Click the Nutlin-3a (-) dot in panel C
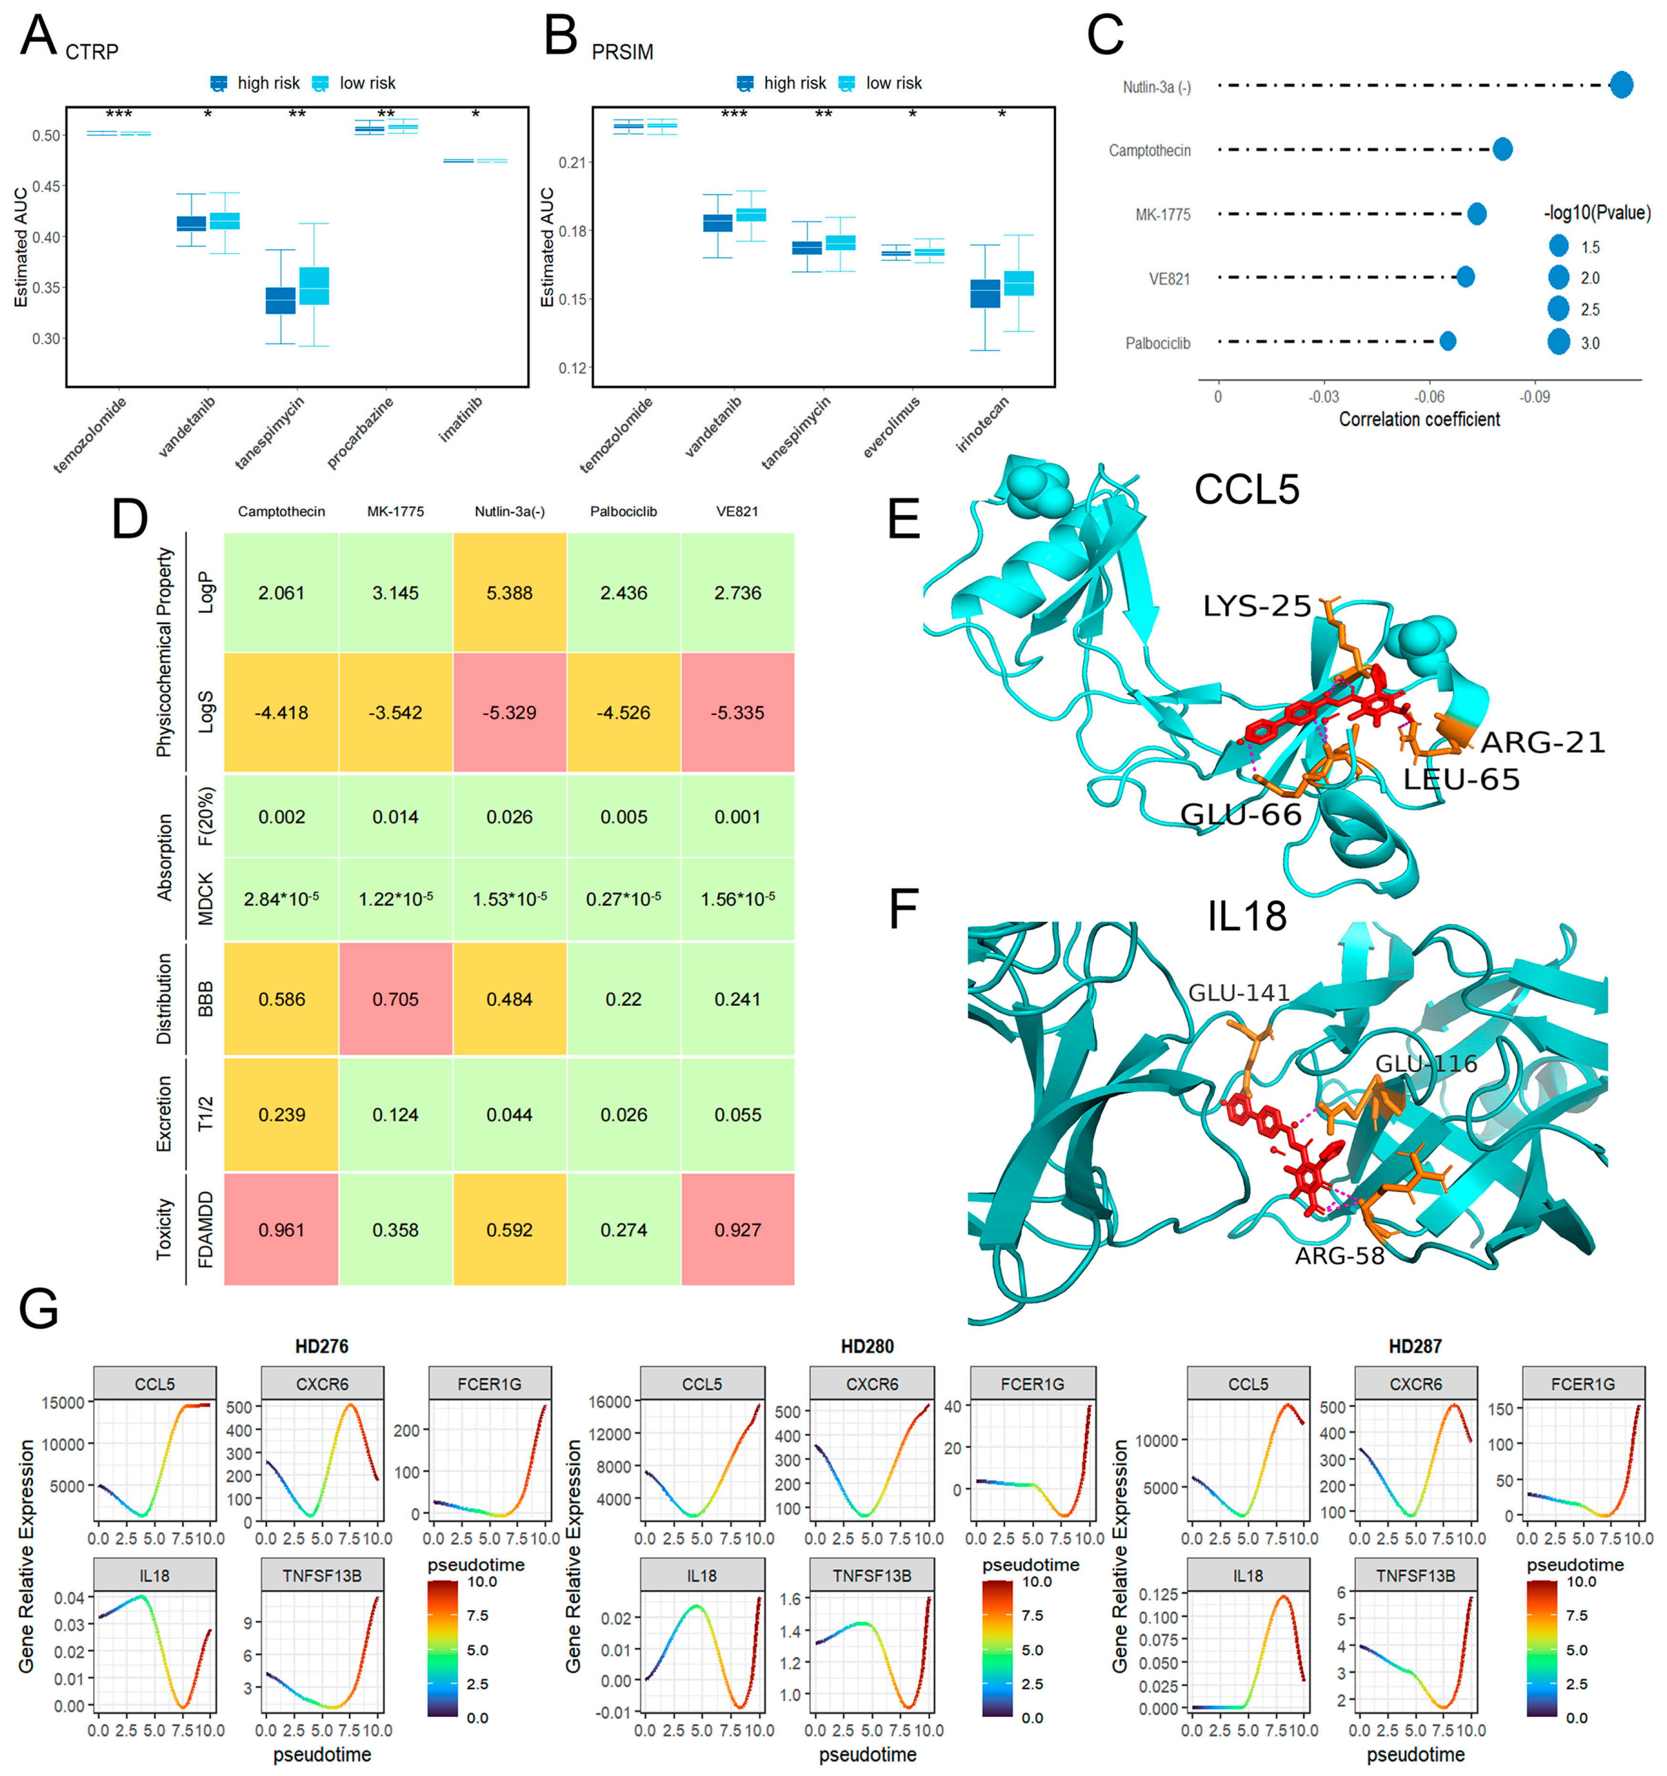pos(1621,85)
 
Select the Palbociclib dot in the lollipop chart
pos(1447,340)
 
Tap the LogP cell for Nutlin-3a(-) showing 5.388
pos(509,593)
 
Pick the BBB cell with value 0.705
pos(395,999)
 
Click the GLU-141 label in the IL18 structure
pos(1238,993)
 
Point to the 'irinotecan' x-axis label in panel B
pos(983,423)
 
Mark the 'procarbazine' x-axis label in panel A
pos(360,433)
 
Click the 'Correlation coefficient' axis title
pos(1419,419)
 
